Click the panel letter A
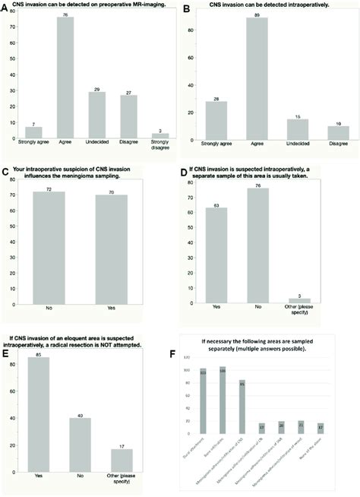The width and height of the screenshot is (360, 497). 5,5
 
